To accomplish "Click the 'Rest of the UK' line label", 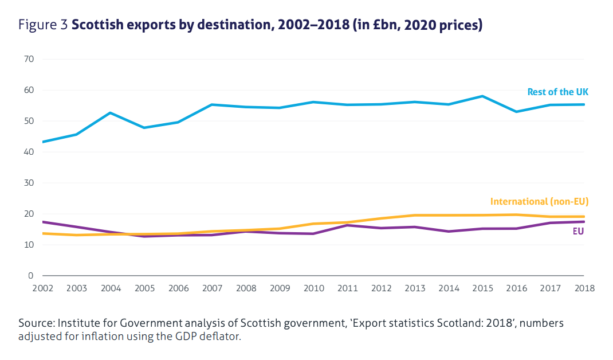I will click(557, 92).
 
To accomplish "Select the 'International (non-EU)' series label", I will click(539, 201).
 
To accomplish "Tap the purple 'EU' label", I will click(579, 232).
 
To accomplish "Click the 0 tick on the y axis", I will click(32, 276).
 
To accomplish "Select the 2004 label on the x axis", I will click(111, 288).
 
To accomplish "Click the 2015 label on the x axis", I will click(482, 288).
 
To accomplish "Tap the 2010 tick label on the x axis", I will click(313, 288).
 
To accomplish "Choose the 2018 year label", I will click(584, 288).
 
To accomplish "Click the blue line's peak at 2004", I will click(110, 113).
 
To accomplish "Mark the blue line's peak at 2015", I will click(482, 96).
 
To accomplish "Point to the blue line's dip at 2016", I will click(516, 112).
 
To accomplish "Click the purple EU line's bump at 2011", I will click(347, 225).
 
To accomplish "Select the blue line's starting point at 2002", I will click(43, 142).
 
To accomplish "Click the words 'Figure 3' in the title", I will click(43, 25).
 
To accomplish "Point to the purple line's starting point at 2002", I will click(43, 222).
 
